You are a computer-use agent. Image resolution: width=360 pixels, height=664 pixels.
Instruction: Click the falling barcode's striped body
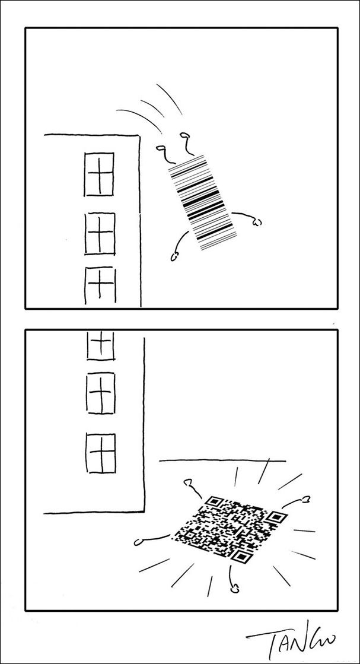pos(203,202)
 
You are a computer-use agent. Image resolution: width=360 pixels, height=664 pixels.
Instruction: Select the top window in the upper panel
pos(99,174)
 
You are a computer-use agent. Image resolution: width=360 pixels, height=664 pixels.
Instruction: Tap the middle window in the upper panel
pos(100,233)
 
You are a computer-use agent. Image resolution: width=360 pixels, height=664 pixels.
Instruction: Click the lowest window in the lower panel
pos(101,453)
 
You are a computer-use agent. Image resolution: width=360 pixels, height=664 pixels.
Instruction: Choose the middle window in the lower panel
pos(101,393)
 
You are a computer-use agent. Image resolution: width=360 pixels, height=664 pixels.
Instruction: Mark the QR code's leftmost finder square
pos(215,501)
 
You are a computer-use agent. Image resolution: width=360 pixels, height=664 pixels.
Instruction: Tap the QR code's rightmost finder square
pos(276,517)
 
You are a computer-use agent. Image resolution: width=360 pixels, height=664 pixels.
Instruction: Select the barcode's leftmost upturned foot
pos(161,148)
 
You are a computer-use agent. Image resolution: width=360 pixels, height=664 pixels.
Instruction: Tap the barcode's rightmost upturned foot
pos(184,135)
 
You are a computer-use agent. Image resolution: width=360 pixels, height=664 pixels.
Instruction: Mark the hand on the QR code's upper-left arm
pos(188,482)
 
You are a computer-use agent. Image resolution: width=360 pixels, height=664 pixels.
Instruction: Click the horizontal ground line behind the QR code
pos(222,460)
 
